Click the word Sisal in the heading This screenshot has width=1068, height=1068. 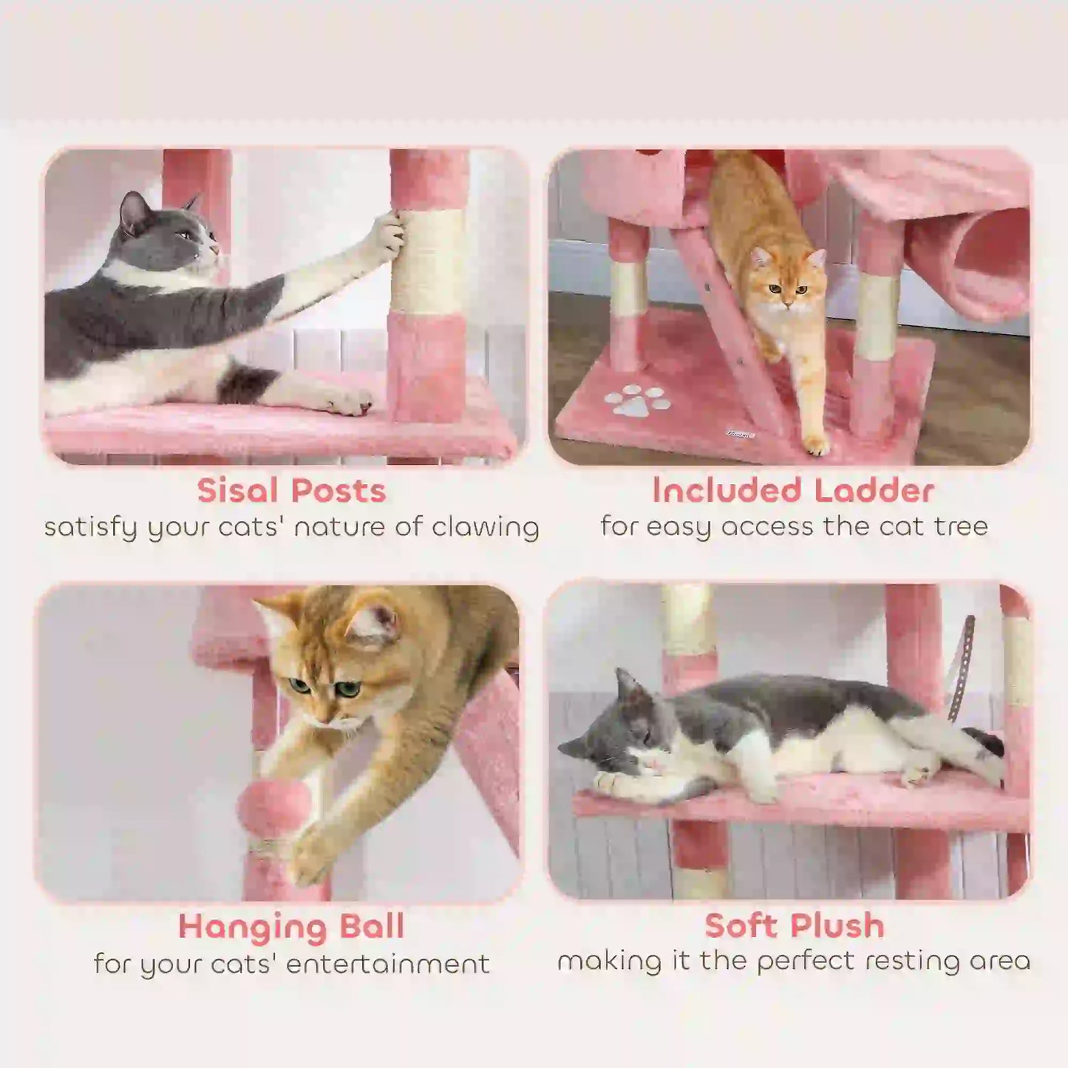point(237,491)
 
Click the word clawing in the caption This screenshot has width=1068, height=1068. point(486,528)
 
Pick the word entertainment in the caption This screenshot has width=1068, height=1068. point(387,964)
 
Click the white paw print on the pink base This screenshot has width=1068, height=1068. point(636,401)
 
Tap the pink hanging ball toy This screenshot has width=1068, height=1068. point(274,808)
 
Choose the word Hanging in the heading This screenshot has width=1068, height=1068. point(253,926)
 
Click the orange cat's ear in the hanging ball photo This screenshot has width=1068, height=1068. point(374,621)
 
